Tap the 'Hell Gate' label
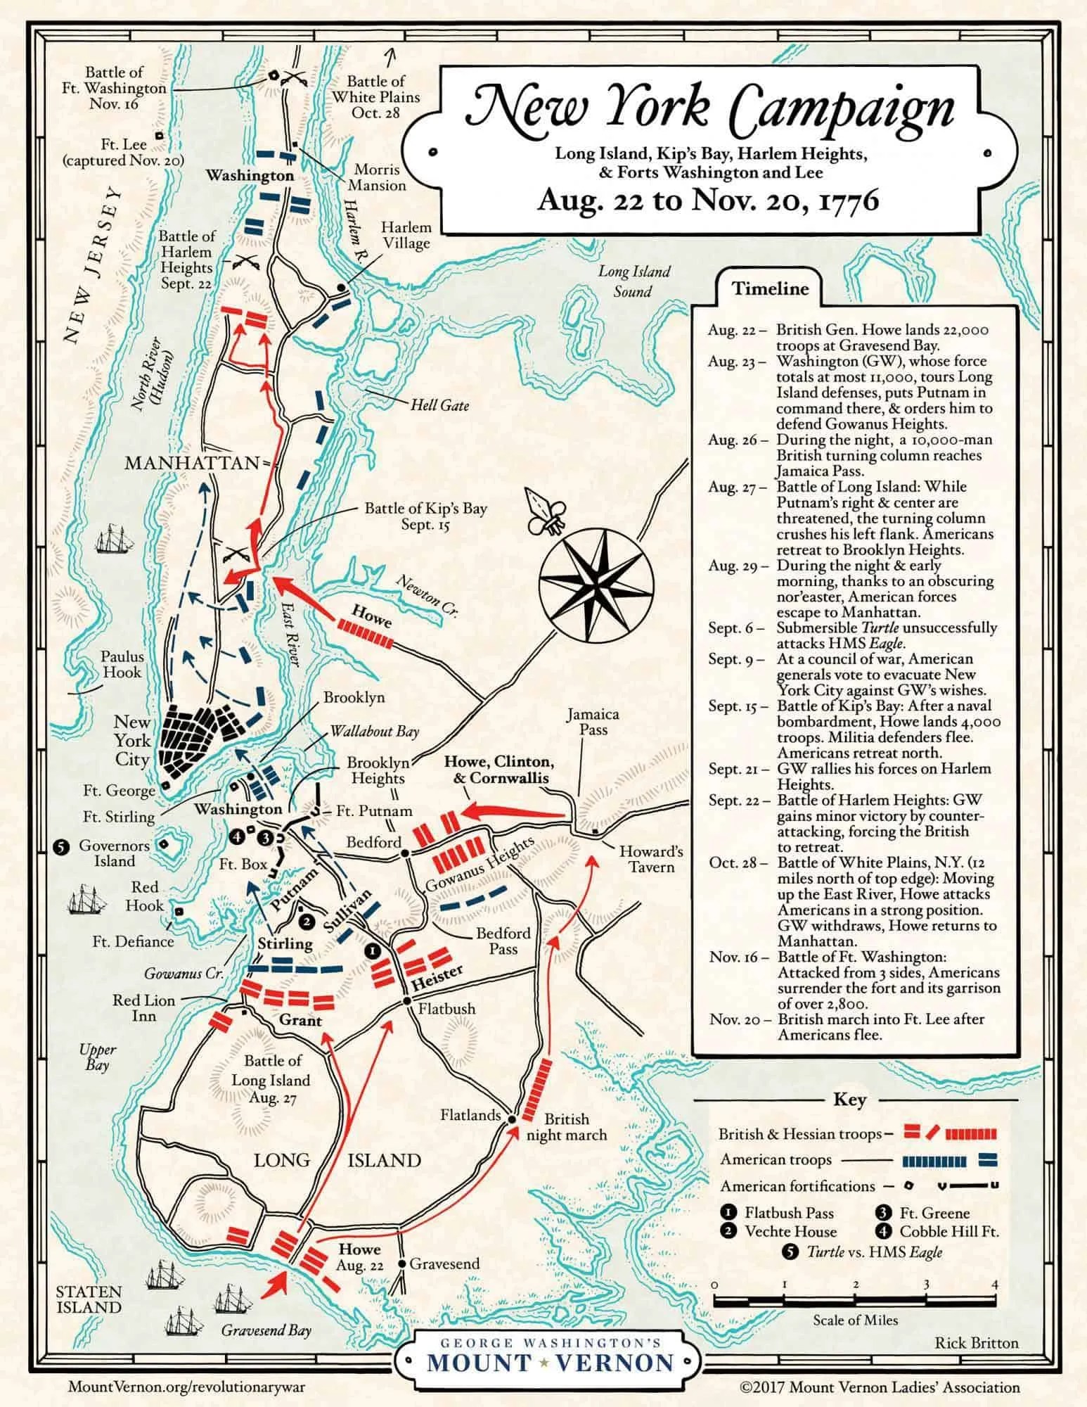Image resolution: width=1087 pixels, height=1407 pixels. [440, 405]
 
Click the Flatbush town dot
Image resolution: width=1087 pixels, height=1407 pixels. [406, 1001]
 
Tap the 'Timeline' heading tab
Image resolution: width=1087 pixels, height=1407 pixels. [770, 288]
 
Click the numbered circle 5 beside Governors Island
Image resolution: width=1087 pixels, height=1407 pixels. [61, 847]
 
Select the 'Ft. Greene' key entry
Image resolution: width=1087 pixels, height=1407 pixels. [934, 1213]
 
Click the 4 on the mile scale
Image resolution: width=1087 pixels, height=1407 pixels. [994, 1284]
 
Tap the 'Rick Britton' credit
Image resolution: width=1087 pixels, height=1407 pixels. [976, 1343]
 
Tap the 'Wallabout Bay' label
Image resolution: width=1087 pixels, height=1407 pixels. [374, 731]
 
